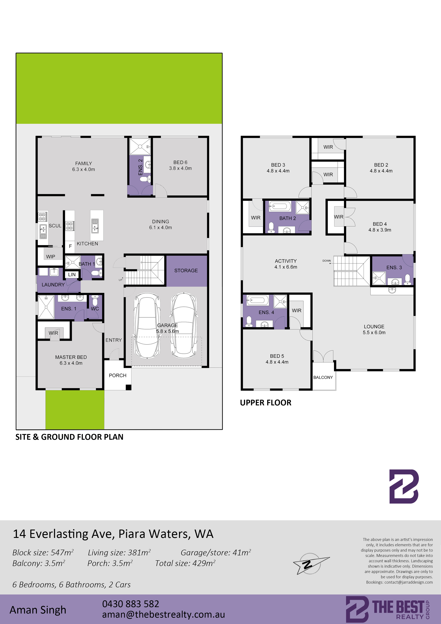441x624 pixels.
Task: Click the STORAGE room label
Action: tap(186, 270)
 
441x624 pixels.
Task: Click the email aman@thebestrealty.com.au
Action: tap(163, 615)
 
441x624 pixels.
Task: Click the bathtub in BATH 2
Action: tap(280, 207)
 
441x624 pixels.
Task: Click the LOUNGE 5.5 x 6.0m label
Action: tap(374, 329)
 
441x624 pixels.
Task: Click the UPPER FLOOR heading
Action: tap(265, 403)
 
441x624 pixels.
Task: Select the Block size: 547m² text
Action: tap(43, 552)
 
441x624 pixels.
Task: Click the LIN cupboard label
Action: tap(72, 274)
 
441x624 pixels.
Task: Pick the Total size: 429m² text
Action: tap(185, 563)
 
